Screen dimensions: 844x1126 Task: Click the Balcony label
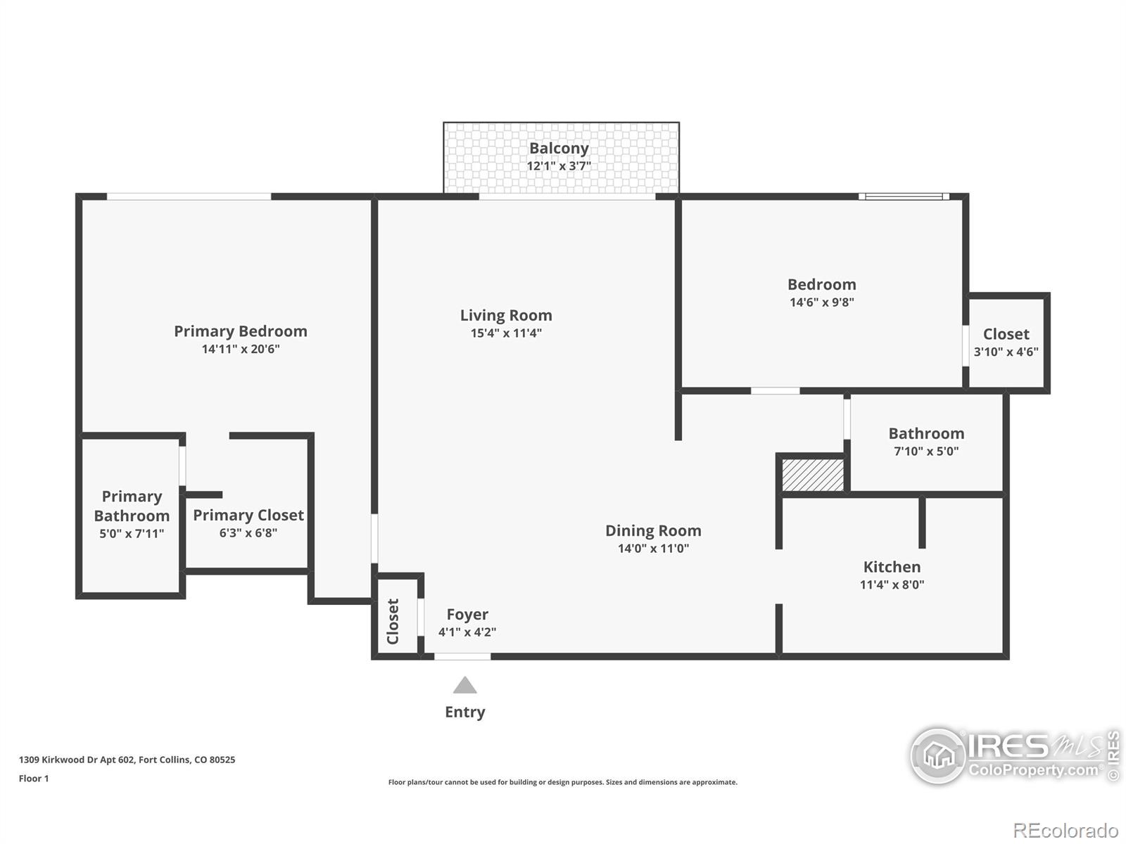[559, 148]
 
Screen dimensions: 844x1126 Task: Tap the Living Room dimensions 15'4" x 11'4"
[506, 333]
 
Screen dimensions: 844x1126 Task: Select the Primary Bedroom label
[241, 331]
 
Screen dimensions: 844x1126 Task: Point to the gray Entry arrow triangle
[464, 686]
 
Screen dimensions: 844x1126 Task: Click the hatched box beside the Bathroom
[813, 475]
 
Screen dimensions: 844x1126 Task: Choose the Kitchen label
[892, 567]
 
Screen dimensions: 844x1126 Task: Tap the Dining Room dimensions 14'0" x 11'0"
[653, 549]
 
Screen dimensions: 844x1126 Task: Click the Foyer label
[467, 615]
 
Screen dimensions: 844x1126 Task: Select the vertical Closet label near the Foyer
[393, 621]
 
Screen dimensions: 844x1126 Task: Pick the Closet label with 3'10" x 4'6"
[1006, 334]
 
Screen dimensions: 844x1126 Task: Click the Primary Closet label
[248, 516]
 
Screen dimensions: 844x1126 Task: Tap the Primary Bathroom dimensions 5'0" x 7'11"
[132, 534]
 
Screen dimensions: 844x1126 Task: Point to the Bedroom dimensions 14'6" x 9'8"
[822, 302]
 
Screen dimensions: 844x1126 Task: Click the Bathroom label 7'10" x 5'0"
[926, 434]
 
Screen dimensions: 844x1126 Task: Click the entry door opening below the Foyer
[462, 656]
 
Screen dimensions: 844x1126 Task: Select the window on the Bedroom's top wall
[904, 197]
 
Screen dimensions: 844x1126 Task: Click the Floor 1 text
[34, 779]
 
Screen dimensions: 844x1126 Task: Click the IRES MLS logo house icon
[939, 756]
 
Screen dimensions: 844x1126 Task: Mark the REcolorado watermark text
[1065, 831]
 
